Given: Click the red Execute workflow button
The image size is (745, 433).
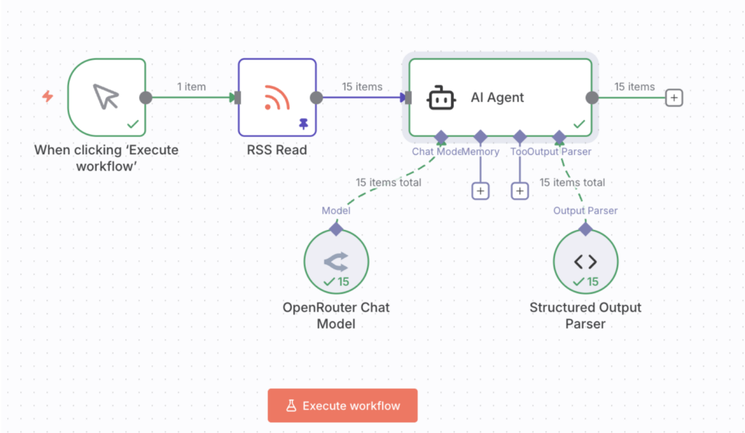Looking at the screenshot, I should click(x=343, y=405).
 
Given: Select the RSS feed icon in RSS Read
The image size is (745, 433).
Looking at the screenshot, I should click(x=276, y=98).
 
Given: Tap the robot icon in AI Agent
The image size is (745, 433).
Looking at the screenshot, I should click(x=441, y=98).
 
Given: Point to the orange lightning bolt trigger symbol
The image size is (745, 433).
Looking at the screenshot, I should click(x=47, y=96).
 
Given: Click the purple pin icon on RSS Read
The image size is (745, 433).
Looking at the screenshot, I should click(x=303, y=124).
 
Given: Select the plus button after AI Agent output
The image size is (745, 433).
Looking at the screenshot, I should click(x=674, y=98).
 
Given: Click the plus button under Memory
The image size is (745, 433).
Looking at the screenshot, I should click(x=480, y=191).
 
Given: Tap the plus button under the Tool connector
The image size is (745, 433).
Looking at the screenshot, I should click(x=519, y=191).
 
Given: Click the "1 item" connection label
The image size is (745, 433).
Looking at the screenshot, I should click(x=191, y=87).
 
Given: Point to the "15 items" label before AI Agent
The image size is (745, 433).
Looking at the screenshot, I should click(x=362, y=87).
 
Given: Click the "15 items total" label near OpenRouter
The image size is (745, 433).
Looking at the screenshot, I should click(x=389, y=183).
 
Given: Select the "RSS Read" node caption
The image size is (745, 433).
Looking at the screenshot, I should click(x=276, y=151).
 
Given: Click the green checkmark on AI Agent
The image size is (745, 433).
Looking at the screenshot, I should click(x=579, y=124).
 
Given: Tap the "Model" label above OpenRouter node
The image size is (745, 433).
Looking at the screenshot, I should click(x=336, y=211).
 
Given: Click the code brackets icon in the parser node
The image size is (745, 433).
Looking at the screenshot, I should click(x=586, y=261).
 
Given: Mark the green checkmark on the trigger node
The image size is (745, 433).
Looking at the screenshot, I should click(x=132, y=124).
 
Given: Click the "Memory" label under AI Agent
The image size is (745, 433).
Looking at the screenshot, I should click(x=481, y=152).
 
